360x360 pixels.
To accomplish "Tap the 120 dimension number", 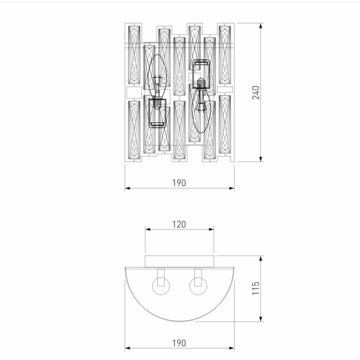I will tap(179, 224).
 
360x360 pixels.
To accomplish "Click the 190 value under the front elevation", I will tap(179, 182).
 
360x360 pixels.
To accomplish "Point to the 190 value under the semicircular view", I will tap(179, 343).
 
